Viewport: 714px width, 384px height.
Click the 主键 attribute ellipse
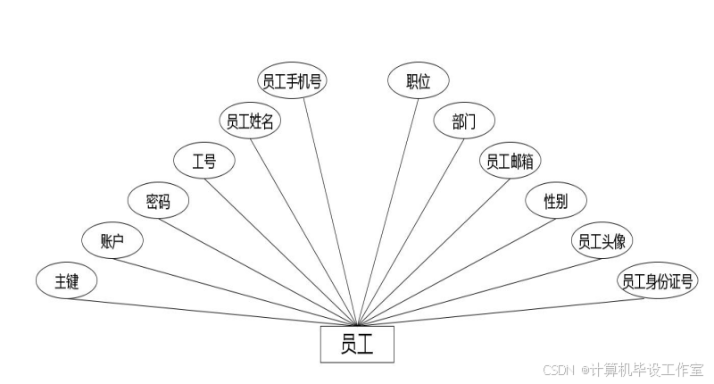67,281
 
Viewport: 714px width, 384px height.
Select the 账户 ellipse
112,240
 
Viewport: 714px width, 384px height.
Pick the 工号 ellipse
204,161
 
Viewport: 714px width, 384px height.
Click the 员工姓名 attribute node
250,121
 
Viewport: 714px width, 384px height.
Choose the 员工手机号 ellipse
292,81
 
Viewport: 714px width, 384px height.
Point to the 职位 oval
418,81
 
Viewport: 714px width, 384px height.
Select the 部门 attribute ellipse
464,121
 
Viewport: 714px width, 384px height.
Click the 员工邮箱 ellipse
511,161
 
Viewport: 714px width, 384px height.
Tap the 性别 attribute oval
555,201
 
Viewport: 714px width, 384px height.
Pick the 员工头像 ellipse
601,241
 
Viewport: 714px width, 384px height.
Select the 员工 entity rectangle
356,345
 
